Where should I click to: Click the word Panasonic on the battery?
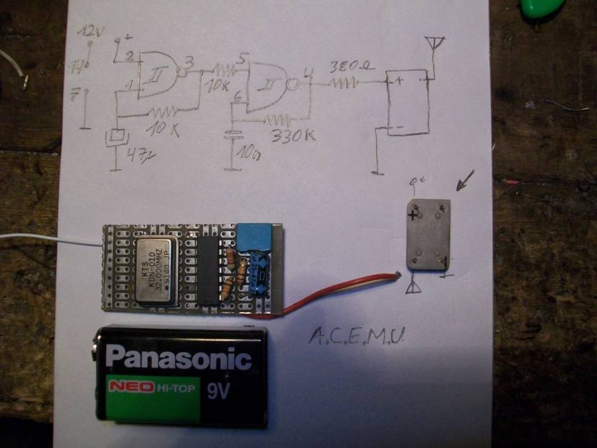click(x=179, y=358)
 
